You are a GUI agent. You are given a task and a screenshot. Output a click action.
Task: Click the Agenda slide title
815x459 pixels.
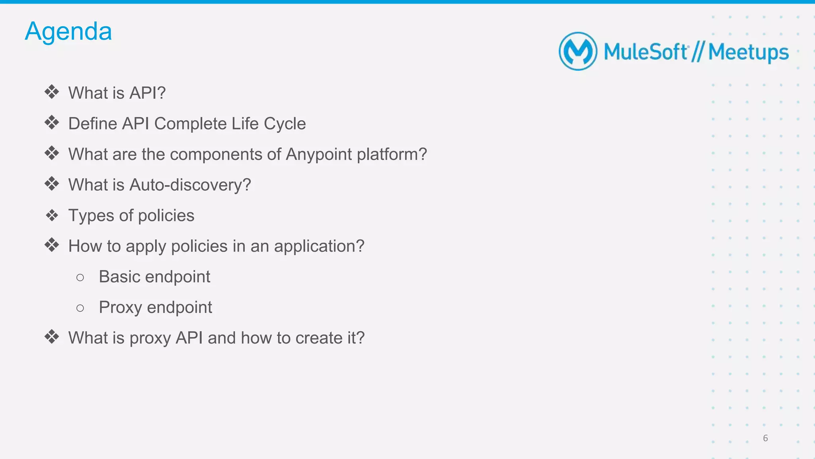(68, 31)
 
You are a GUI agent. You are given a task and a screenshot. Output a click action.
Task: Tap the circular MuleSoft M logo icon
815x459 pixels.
(578, 51)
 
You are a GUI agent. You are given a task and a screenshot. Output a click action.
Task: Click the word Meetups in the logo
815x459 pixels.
(748, 52)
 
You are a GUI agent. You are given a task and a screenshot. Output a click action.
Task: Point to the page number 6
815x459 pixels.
(765, 438)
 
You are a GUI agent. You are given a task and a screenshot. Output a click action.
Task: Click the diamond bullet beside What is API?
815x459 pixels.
(52, 92)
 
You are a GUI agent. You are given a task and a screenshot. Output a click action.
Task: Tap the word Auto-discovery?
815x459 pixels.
(190, 185)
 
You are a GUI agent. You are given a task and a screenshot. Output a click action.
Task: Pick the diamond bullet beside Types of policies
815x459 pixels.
(52, 215)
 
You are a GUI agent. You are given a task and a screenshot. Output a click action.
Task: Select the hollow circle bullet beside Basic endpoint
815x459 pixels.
(80, 277)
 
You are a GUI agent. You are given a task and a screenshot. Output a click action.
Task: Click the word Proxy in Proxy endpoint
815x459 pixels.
(120, 307)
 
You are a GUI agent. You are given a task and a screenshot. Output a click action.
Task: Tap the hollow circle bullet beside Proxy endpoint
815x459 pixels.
(80, 308)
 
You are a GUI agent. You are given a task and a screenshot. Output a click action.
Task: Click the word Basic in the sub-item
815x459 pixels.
(119, 277)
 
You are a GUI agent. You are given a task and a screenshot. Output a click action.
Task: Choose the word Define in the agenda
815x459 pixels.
(92, 123)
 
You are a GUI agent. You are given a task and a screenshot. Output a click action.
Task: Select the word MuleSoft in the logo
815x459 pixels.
(645, 52)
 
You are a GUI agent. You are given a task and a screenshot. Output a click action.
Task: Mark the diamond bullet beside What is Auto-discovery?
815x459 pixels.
(52, 184)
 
